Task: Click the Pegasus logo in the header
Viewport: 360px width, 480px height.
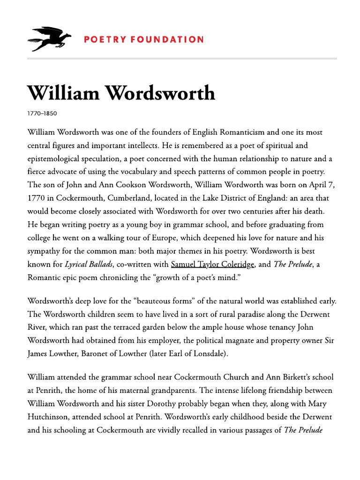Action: click(x=49, y=39)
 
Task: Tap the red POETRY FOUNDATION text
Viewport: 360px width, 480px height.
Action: click(x=144, y=39)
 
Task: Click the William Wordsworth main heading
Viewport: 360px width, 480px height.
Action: click(x=121, y=93)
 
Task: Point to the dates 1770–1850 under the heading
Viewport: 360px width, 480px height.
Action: click(x=42, y=113)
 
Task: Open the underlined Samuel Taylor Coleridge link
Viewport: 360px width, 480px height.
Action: click(x=213, y=264)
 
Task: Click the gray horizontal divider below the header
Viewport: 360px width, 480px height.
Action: click(x=182, y=59)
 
